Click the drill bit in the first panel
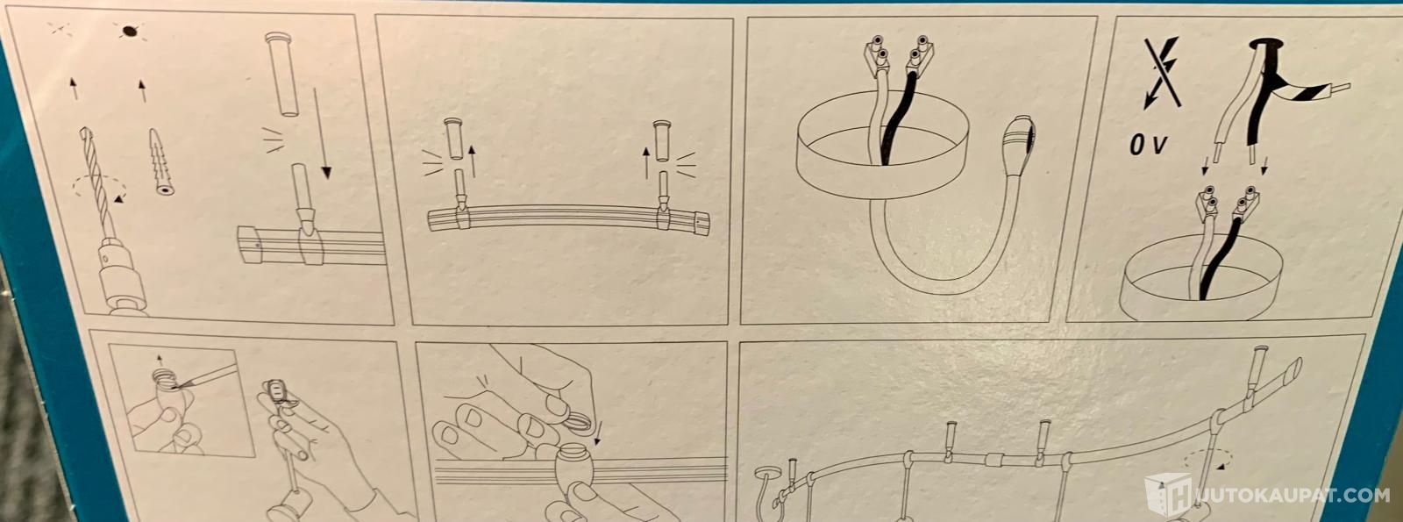click(96, 182)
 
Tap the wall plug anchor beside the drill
click(160, 163)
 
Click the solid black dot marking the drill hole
click(128, 30)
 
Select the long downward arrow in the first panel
click(322, 133)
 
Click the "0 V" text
click(1149, 145)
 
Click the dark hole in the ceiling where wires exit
click(1264, 45)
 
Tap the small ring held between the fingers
click(579, 422)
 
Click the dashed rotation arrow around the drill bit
click(100, 188)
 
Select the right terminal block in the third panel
click(920, 55)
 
